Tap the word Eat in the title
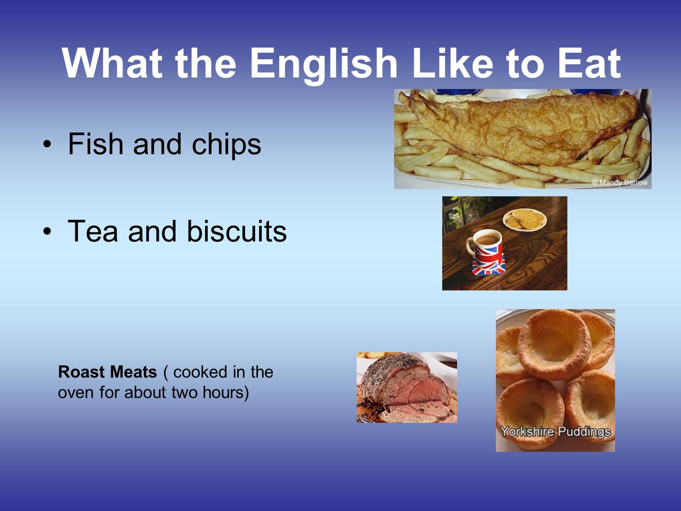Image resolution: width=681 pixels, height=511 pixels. point(589,63)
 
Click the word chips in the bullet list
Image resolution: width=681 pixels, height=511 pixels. point(226,146)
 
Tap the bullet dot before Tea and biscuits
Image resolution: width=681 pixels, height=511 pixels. point(47,231)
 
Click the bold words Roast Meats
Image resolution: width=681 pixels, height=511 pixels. point(108,372)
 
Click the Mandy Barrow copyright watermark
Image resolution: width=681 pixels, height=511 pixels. point(620,182)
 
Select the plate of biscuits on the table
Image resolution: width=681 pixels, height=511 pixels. point(525,220)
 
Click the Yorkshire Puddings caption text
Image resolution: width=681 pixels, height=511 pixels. point(555,431)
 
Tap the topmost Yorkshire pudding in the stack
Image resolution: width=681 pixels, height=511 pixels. point(555,344)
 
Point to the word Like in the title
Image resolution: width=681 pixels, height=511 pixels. point(453,63)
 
